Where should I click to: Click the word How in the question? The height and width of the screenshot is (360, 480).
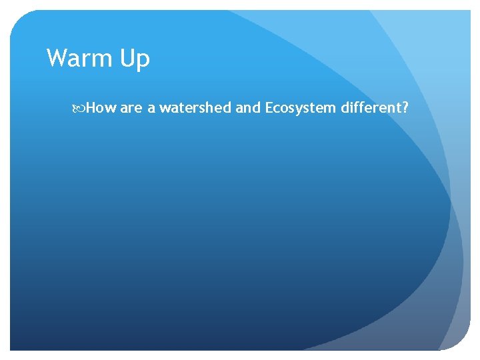point(101,107)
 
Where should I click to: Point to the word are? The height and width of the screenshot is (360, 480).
point(131,108)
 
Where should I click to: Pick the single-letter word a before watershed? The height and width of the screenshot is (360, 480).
point(151,108)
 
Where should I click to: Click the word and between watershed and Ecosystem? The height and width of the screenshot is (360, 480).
point(249,107)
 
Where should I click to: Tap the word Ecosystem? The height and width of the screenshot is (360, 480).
point(301,108)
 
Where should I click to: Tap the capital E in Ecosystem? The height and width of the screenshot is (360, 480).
point(269,107)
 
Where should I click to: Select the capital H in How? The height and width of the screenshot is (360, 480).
point(91,107)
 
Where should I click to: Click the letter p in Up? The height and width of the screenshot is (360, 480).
point(143,62)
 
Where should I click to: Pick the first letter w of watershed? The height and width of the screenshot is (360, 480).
point(164,109)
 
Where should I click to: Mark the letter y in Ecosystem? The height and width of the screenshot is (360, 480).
point(297,110)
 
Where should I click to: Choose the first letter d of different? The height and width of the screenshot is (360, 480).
point(345,107)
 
